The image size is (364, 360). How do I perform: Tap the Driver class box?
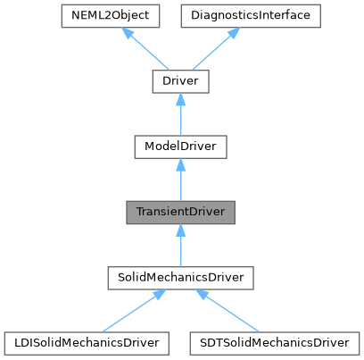(180, 82)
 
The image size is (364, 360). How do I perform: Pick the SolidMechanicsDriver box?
(180, 278)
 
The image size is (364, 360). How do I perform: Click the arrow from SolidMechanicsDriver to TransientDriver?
(180, 247)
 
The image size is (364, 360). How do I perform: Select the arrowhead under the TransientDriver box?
(180, 230)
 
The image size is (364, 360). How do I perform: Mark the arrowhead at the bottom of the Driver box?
(180, 100)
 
